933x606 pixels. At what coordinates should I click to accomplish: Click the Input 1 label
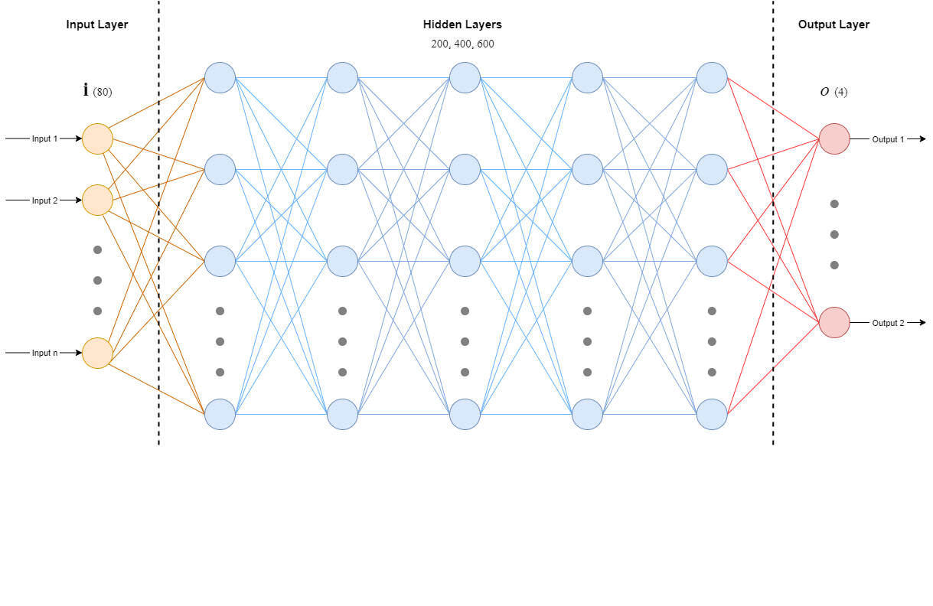44,139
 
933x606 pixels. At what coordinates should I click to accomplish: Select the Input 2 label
44,201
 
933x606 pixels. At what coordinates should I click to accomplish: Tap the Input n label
44,353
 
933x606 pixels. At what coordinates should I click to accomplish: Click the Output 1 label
888,140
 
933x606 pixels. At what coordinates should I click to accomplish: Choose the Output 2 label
888,324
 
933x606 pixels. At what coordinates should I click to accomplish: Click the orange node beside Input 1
98,139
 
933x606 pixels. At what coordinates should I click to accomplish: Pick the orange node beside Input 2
98,200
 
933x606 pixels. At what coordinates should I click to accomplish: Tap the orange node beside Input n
98,353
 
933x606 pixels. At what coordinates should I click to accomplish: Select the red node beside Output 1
834,139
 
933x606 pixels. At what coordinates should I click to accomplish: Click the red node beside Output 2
834,323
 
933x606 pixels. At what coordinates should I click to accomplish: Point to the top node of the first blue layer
220,78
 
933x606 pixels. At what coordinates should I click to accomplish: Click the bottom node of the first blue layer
220,415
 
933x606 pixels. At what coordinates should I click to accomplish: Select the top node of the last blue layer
712,78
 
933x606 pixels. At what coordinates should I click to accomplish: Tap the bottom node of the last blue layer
712,415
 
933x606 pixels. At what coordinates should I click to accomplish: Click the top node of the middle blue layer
465,78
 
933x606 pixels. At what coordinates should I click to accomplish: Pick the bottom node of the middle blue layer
465,415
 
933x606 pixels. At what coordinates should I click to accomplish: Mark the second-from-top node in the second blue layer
343,170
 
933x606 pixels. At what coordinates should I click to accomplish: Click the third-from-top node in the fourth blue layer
588,262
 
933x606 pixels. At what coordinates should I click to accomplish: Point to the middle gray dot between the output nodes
834,235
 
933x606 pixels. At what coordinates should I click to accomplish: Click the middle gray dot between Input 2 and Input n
98,281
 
